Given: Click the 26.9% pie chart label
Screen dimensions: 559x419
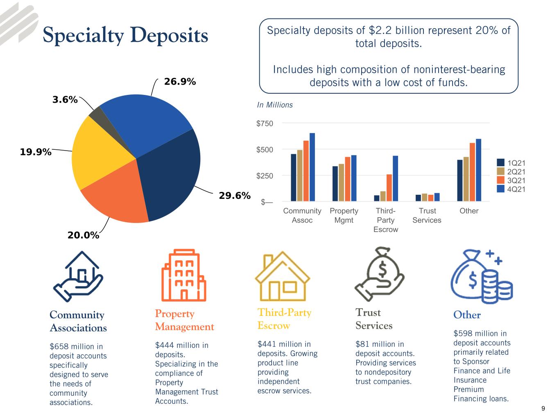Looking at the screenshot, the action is coord(179,81).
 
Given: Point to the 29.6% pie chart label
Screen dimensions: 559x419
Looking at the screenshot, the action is coord(235,195).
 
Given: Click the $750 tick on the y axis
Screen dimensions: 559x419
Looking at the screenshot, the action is coord(264,124).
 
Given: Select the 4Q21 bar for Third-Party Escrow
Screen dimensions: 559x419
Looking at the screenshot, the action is coord(395,178).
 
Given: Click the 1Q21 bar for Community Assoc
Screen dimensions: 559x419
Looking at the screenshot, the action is coord(293,178).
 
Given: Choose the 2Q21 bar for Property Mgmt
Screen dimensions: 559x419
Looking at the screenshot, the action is coord(341,182).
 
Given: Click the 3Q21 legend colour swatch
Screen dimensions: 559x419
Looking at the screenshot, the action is coord(500,180).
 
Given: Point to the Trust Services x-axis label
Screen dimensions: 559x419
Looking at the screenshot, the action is coord(427,215).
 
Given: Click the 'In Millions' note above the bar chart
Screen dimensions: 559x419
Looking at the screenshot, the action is coord(274,105).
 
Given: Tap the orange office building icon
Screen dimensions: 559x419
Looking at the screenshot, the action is coord(183,275).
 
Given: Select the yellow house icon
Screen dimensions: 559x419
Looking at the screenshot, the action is coord(282,276).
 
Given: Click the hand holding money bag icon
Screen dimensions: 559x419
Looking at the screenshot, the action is coord(379,274).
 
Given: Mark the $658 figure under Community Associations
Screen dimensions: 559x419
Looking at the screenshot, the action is coord(59,347).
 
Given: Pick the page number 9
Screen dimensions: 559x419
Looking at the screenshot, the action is coord(543,408).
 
